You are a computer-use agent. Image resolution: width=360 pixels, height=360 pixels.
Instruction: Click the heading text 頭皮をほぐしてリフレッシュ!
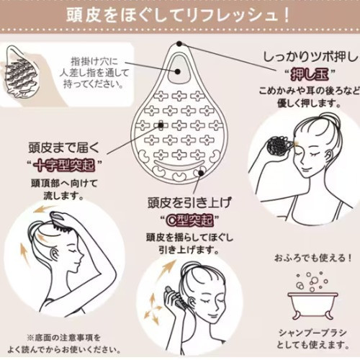coord(178,16)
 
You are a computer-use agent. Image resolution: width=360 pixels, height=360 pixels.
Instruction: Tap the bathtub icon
coord(312,305)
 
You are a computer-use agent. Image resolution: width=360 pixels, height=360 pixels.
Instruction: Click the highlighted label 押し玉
coord(309,75)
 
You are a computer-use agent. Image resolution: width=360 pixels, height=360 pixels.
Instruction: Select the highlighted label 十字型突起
coord(64,166)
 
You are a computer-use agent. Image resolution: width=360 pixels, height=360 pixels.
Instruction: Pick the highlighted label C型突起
coord(189,220)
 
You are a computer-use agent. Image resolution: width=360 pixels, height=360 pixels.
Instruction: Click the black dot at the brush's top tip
coord(179,44)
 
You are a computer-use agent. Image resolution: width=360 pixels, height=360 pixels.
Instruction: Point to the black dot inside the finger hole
coord(178,71)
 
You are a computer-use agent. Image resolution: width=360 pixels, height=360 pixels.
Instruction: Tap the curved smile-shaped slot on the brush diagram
coord(179,164)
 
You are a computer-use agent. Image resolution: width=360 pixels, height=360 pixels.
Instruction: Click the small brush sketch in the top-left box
coord(19,71)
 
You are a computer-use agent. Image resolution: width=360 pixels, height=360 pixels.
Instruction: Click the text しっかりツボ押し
coord(311,58)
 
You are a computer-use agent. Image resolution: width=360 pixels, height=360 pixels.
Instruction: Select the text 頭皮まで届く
coord(64,148)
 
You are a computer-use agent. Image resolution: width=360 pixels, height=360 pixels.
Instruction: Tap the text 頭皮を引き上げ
coord(189,202)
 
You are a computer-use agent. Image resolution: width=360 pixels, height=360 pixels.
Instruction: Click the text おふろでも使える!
coord(312,258)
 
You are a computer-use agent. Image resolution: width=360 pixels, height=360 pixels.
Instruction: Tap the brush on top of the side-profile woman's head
coord(61,222)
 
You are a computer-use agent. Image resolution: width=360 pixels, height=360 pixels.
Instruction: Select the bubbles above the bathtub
coord(312,282)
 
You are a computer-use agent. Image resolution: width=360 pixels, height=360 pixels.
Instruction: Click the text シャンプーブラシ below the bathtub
coord(312,333)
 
